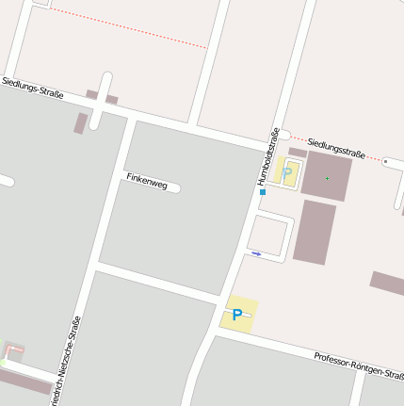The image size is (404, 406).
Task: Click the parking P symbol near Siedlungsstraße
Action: point(287,173)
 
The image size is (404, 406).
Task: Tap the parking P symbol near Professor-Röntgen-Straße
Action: point(237,315)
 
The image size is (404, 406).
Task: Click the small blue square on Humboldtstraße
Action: point(263,192)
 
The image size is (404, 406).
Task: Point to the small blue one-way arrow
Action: point(256,253)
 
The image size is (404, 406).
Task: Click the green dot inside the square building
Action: point(327,177)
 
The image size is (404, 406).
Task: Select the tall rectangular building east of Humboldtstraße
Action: point(314,231)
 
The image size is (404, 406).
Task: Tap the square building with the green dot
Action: point(326,176)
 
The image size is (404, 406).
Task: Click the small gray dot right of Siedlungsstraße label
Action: point(385,161)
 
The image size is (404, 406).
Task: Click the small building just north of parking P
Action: point(298,152)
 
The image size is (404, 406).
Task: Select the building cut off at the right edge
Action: point(387,282)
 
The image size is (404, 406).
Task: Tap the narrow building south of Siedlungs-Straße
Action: point(81,123)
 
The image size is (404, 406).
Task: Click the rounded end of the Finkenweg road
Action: point(175,188)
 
